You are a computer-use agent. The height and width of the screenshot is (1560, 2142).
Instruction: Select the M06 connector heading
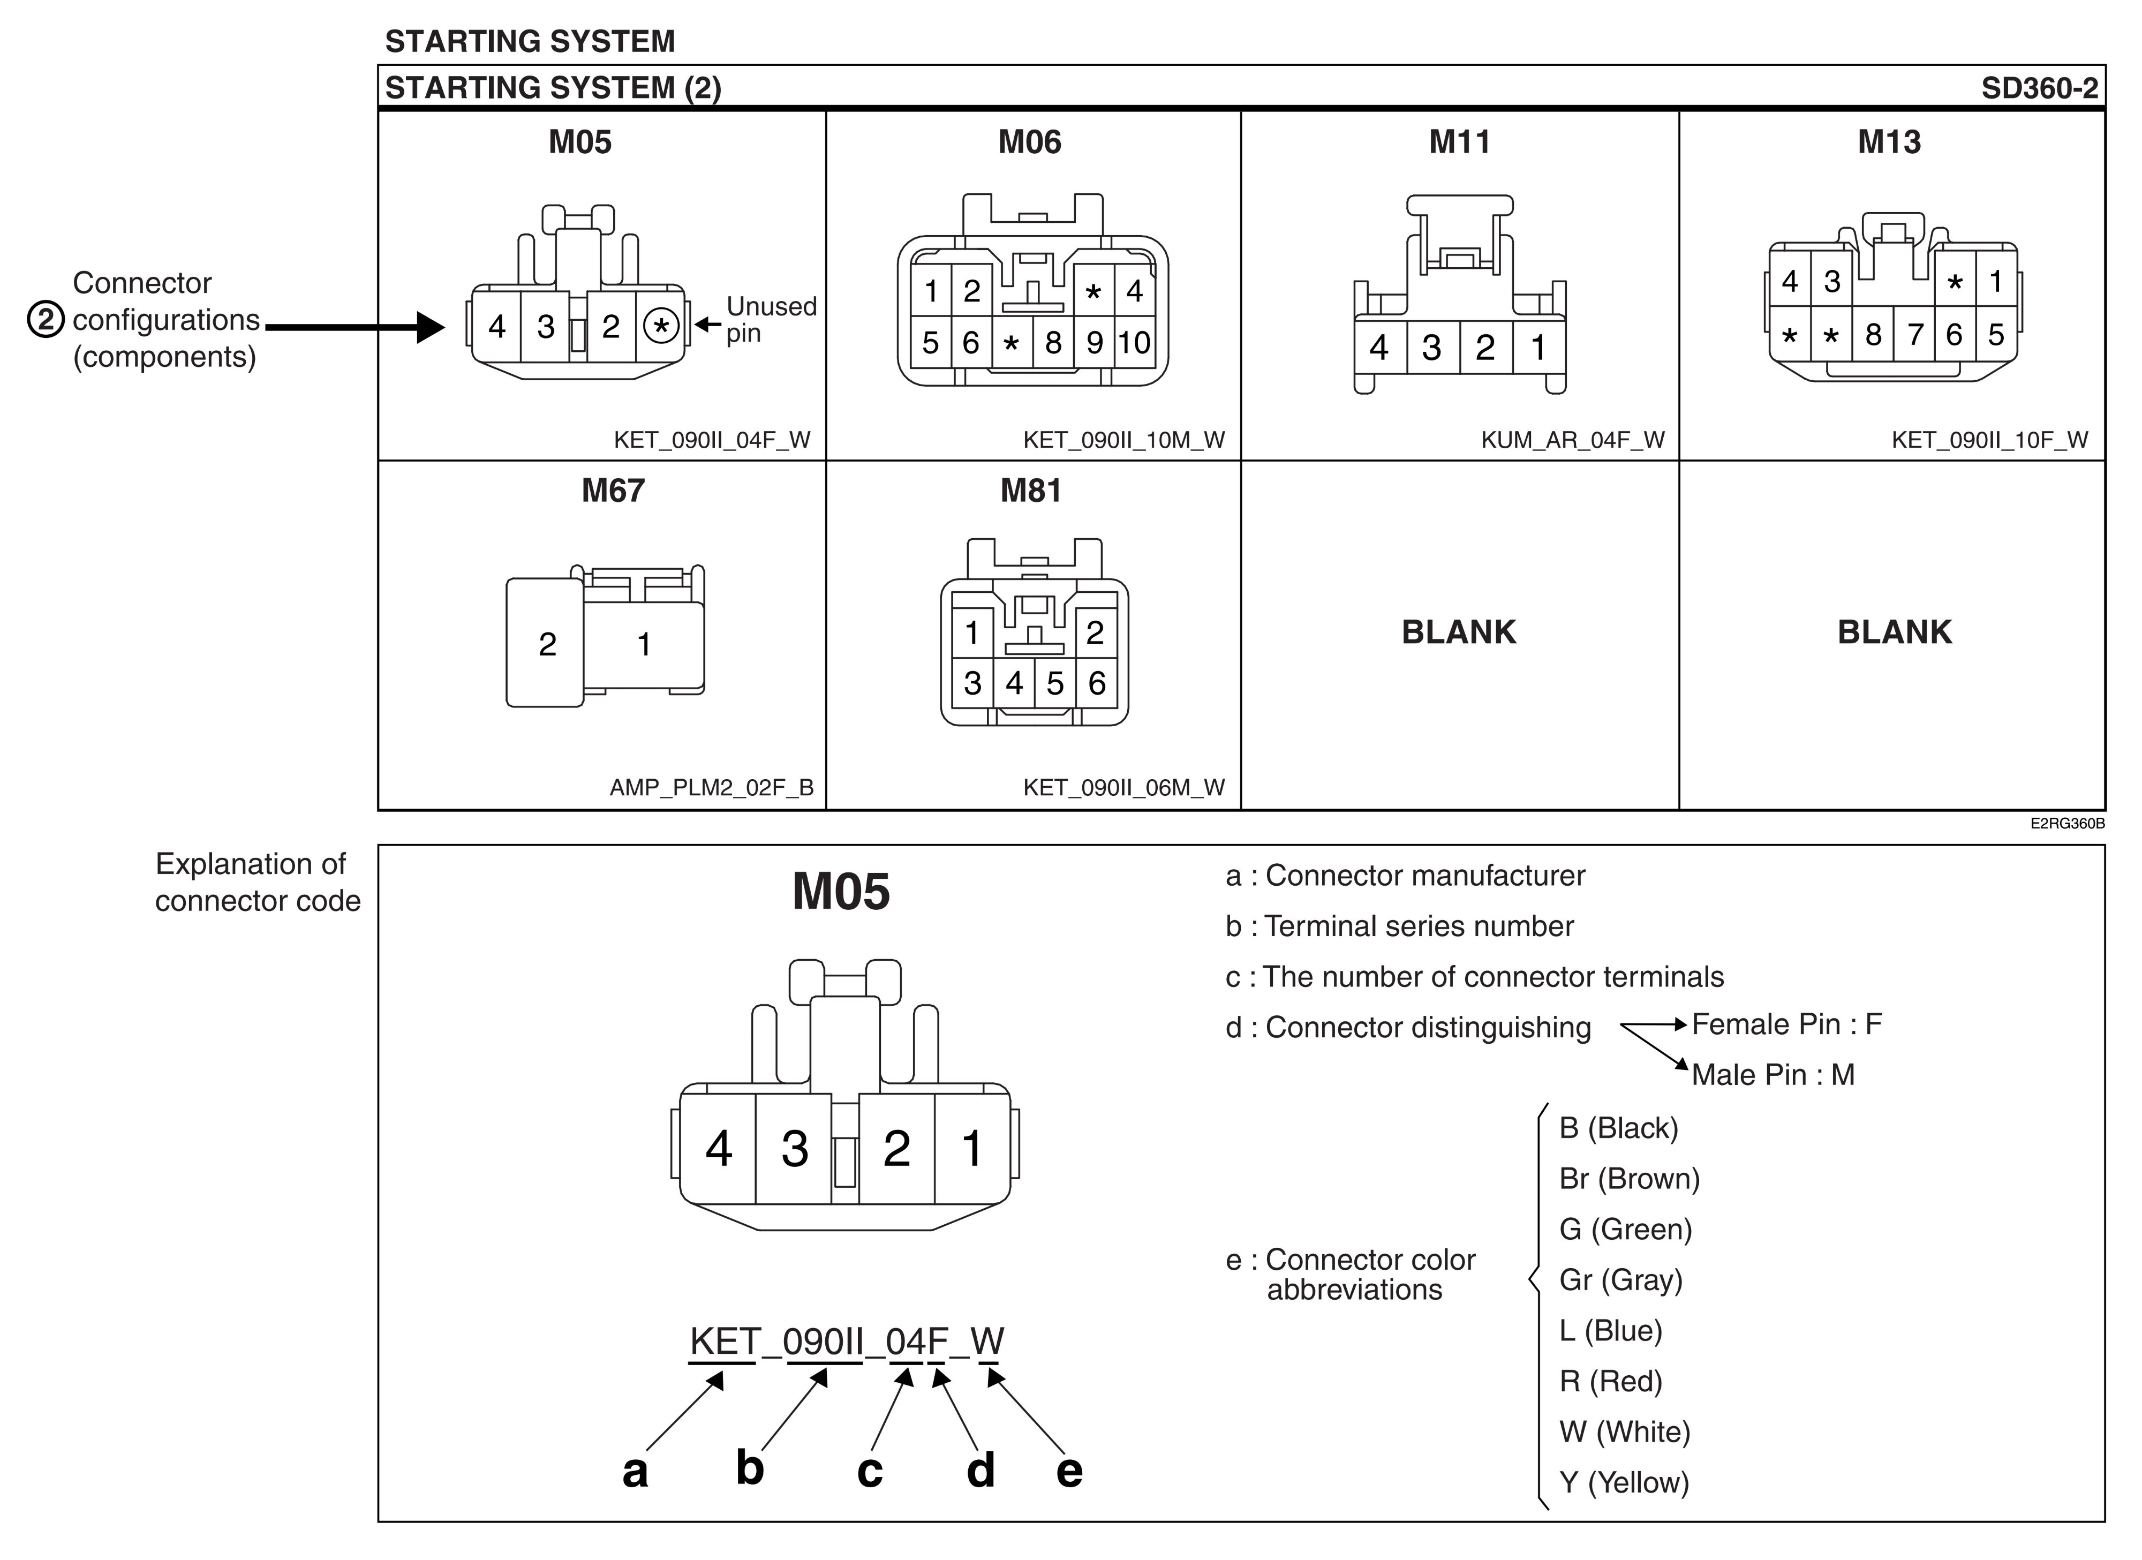[x=1029, y=141]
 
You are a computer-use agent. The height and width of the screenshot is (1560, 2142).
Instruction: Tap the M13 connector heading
[x=1889, y=141]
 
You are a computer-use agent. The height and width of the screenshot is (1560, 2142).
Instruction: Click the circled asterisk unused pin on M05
[x=661, y=327]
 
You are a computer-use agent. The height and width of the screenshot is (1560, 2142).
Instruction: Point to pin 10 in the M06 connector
[x=1134, y=342]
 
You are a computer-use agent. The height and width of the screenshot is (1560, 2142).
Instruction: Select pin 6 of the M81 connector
[x=1097, y=683]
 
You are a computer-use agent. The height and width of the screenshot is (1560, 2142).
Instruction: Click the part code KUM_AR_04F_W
[x=1573, y=440]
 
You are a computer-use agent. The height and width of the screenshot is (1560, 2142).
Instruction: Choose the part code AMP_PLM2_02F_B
[x=711, y=788]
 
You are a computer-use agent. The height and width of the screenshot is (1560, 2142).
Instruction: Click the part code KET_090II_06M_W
[x=1124, y=788]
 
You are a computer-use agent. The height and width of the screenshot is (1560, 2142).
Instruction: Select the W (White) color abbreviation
[x=1625, y=1431]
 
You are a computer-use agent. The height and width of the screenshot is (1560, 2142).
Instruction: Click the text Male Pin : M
[x=1773, y=1075]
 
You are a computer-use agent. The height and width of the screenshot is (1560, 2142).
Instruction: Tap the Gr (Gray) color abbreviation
[x=1620, y=1279]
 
